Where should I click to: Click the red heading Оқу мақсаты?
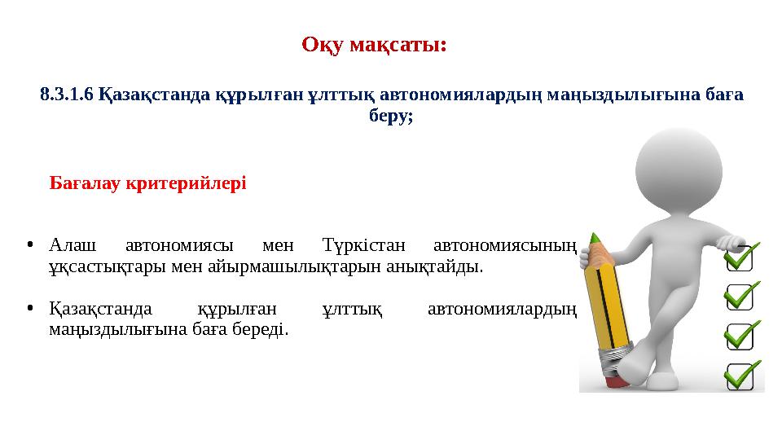374,43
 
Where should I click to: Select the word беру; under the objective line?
391,116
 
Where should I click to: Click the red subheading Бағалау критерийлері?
147,183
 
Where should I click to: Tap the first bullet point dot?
29,245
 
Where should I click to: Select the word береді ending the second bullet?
262,331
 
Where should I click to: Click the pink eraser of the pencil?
612,378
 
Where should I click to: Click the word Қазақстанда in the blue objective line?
155,95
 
